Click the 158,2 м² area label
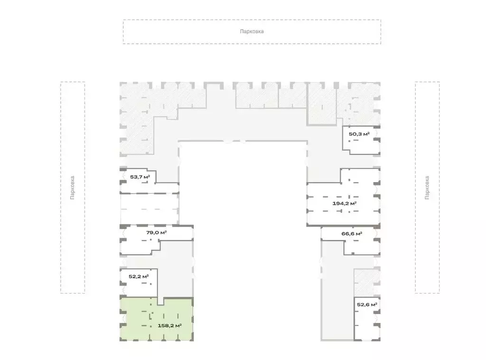(169, 325)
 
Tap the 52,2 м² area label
(139, 277)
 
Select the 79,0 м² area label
(157, 232)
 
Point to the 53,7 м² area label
(140, 177)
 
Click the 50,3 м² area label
(359, 134)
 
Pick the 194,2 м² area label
(345, 203)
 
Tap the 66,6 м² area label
(352, 234)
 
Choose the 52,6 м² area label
(367, 305)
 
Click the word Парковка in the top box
(252, 31)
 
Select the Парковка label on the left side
(72, 187)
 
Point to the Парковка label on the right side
(427, 187)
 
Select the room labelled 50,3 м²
(361, 141)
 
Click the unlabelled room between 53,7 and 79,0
(150, 209)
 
